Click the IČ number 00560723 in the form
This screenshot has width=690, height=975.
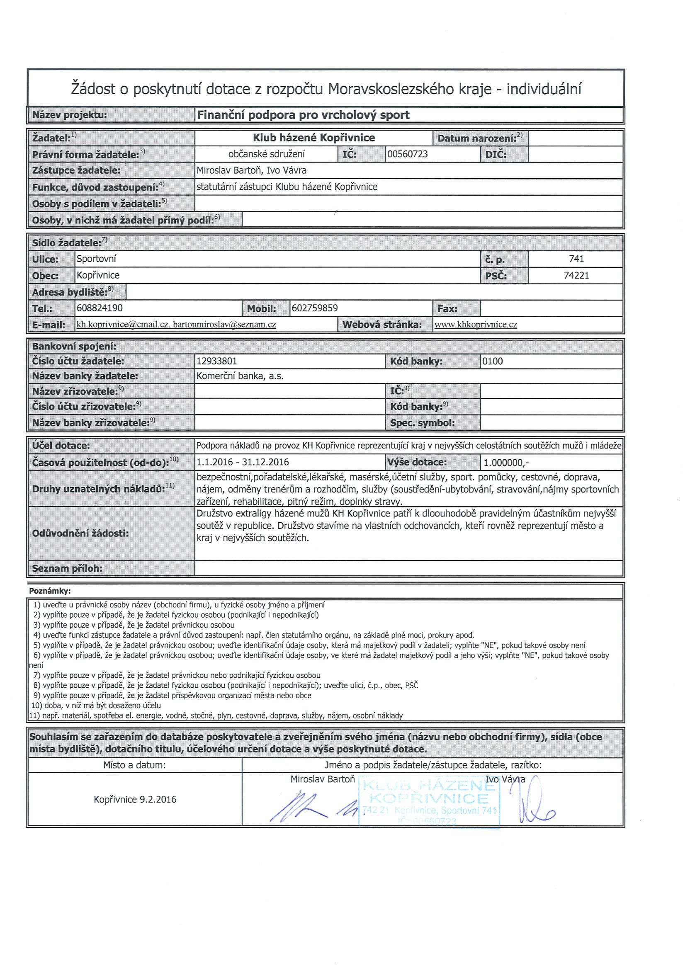(407, 154)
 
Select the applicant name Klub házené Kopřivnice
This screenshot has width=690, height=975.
(313, 138)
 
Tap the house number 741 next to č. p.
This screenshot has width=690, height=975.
(576, 259)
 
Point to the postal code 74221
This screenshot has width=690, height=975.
(576, 275)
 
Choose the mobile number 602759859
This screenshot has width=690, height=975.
(314, 308)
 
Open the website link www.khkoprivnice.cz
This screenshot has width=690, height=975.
(476, 325)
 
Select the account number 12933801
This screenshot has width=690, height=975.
(217, 361)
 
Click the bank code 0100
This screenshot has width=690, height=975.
(493, 361)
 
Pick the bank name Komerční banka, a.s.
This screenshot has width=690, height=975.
(240, 376)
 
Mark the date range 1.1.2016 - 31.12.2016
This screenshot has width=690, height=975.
(243, 462)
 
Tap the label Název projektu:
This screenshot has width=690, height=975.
(70, 115)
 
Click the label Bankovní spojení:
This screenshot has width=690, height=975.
(74, 347)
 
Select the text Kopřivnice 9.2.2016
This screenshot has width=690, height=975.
(135, 800)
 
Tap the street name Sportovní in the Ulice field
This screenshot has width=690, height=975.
(96, 259)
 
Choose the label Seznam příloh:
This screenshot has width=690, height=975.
(68, 568)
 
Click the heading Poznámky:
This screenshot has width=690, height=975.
(50, 591)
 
